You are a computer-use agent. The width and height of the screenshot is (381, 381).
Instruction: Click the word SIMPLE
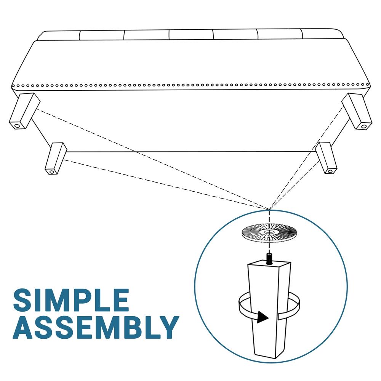(x=71, y=300)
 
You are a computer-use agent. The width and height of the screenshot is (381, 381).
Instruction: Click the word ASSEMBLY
(x=96, y=327)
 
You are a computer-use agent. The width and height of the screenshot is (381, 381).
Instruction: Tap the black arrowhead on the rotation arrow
(x=263, y=317)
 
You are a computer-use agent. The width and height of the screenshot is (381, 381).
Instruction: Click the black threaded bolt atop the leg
(x=269, y=259)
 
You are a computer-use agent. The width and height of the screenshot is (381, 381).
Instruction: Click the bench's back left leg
(x=24, y=111)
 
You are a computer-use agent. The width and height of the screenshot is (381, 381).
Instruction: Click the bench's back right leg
(x=357, y=111)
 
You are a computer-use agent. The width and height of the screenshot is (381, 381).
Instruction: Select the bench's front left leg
(x=56, y=158)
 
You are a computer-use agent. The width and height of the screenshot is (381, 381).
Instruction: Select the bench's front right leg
(x=327, y=158)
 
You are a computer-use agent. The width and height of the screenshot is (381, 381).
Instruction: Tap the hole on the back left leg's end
(x=17, y=126)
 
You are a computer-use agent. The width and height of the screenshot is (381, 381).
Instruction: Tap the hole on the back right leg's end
(x=364, y=126)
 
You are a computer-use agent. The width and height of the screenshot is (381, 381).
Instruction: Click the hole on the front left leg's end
(x=52, y=172)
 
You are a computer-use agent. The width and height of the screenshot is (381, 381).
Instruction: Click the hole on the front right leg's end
(x=330, y=171)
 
